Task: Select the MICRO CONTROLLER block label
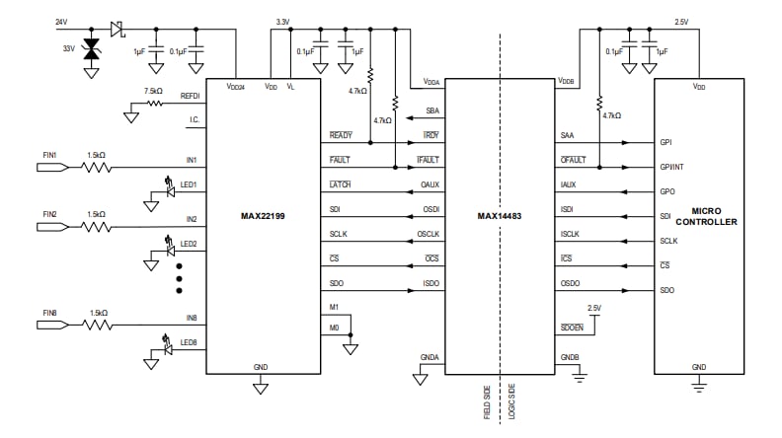pos(713,216)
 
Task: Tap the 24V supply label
pos(62,21)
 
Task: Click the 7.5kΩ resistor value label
pos(153,91)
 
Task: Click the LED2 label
pos(189,244)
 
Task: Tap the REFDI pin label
pos(191,96)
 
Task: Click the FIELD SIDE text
pos(488,403)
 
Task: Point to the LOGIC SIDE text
pos(513,403)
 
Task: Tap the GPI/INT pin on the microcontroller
pos(673,167)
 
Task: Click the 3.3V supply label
pos(282,21)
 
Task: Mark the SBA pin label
pos(432,110)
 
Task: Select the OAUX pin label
pos(430,183)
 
